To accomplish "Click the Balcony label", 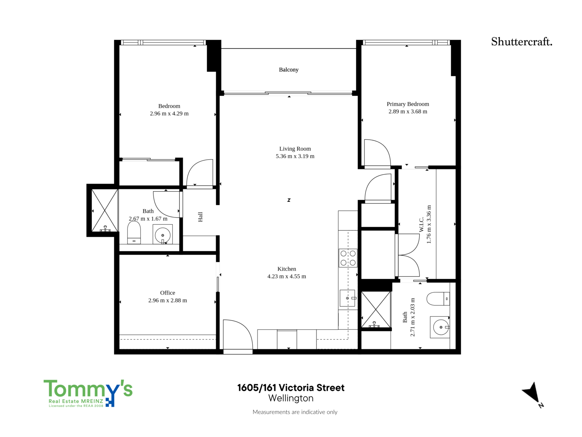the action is pos(288,70).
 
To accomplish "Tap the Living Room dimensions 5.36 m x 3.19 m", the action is pos(295,156).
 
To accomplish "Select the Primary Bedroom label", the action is pos(407,104).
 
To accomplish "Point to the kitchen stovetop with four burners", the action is pos(348,258).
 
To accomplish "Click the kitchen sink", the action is pos(347,298).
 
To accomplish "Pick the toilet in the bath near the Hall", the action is pos(134,232).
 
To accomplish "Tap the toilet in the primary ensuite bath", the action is pos(438,299).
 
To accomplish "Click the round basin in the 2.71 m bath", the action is pos(440,327).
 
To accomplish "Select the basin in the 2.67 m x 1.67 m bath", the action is pos(163,235).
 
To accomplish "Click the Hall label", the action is pos(200,217).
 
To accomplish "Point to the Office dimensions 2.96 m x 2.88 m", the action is pos(168,300).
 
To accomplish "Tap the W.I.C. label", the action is pos(422,224).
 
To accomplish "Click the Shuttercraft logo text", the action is pos(522,42).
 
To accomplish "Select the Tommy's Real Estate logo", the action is pos(88,393).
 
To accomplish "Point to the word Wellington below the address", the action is pos(291,398).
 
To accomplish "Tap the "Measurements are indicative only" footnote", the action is pos(295,412).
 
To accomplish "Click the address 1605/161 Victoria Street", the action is pos(291,387).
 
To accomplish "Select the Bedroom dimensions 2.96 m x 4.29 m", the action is pos(169,114).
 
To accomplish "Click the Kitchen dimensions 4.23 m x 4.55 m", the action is pos(287,276).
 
